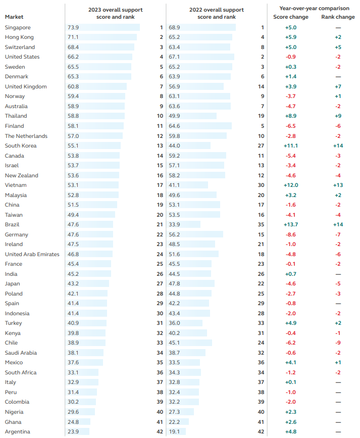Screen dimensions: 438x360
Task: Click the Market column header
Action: pos(14,17)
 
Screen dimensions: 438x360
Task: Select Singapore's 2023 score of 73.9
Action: pos(73,27)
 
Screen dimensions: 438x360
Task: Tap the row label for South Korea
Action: pos(21,145)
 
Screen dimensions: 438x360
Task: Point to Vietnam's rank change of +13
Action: pos(338,185)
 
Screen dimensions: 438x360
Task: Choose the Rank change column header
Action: pos(338,17)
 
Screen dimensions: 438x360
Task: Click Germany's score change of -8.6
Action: pos(291,234)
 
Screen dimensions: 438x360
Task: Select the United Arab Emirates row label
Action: pos(32,254)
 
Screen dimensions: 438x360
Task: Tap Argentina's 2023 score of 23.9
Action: pos(73,431)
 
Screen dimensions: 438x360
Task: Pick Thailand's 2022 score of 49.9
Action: pos(175,116)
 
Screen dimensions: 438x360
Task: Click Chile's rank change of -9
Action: pos(338,343)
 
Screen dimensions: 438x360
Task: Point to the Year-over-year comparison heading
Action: pos(314,9)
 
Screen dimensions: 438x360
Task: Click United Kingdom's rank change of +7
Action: pos(338,86)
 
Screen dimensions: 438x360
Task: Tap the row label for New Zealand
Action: pos(21,175)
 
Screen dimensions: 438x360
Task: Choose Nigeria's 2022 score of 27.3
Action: pos(175,412)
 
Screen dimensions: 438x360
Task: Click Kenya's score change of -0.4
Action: pos(291,333)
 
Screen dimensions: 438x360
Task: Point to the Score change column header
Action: pos(291,17)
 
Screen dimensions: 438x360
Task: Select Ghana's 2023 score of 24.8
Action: pos(73,421)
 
